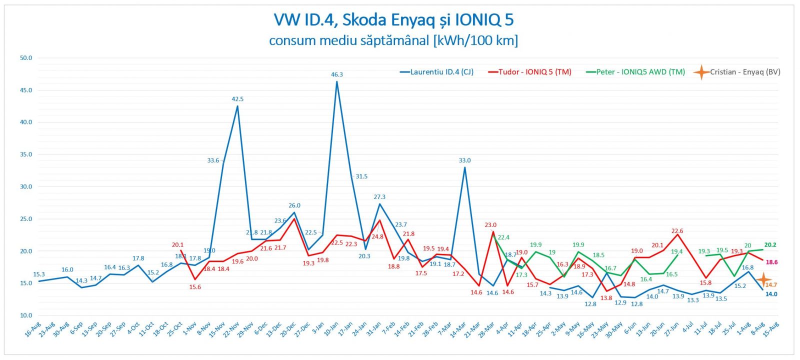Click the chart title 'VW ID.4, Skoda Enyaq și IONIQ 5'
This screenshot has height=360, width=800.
tap(393, 20)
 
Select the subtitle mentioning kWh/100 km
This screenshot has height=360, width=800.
tap(393, 40)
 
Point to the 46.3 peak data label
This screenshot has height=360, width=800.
tap(337, 74)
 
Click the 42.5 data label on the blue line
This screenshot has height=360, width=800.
tap(237, 99)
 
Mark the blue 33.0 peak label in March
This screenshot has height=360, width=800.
tap(464, 160)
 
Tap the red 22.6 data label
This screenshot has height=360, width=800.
tap(677, 231)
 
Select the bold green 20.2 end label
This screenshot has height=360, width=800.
tap(770, 245)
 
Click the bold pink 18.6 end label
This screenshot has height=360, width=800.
tap(771, 262)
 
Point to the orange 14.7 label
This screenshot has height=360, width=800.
tap(771, 285)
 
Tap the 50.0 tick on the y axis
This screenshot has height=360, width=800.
tap(26, 58)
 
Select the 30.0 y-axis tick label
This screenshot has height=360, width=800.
tap(26, 186)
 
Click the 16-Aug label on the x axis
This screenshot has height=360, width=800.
tap(33, 330)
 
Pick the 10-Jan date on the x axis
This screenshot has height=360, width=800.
tap(331, 330)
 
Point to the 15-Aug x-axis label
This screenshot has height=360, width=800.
tap(771, 330)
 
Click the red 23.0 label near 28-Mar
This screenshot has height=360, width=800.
tap(490, 225)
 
